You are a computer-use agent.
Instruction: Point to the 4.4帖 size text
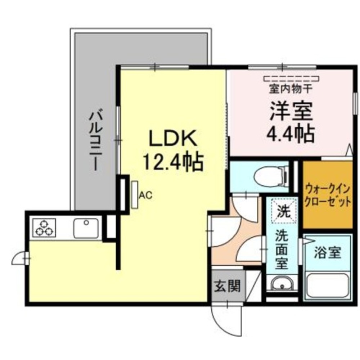point(291,133)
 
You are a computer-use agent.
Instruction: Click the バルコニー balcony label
point(95,140)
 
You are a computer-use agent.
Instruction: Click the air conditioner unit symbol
point(135,194)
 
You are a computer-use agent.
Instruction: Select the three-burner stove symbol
point(44,228)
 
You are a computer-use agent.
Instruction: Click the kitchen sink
point(86,229)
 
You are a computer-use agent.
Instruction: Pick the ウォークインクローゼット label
point(327,194)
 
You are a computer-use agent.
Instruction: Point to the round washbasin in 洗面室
point(282,284)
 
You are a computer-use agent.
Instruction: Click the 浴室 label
point(327,253)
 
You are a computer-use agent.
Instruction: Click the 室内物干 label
point(291,87)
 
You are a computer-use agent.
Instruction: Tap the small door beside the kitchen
point(20,258)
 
